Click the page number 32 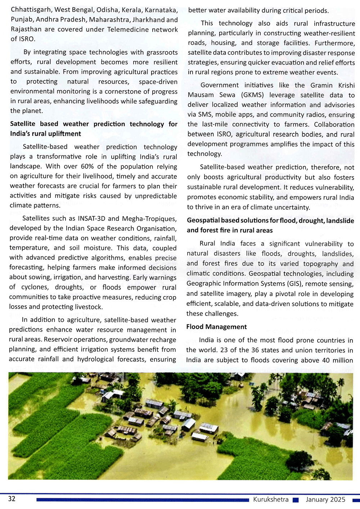point(12,499)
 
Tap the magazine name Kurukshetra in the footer point(271,499)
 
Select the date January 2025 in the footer point(325,499)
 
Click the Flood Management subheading point(216,327)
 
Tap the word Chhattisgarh point(31,10)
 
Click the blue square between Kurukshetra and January point(296,500)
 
